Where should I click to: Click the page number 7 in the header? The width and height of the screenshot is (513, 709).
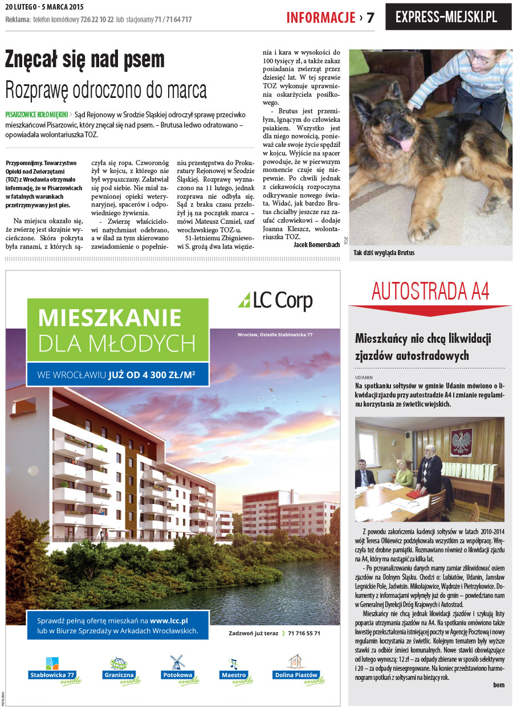coord(370,18)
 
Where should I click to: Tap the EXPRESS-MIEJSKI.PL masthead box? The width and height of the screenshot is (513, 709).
coord(448,17)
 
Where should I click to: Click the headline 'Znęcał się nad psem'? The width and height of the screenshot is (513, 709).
coord(84,59)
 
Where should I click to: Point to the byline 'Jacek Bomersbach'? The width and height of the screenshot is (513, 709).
coord(316,244)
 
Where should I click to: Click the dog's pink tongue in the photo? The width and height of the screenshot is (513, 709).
coord(405,144)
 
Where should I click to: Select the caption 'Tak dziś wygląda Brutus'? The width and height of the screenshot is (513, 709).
coord(384,252)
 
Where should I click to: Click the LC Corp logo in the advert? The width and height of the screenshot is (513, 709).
coord(275,300)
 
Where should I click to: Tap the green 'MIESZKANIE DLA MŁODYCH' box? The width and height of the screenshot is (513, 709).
coord(117,330)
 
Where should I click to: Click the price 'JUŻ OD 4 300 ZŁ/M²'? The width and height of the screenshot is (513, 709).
coord(152,375)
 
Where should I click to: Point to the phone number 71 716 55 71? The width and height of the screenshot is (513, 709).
coord(304,633)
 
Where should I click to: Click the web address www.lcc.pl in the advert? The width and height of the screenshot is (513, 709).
coord(169,620)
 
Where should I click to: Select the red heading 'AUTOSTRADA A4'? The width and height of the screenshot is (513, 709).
coord(430,291)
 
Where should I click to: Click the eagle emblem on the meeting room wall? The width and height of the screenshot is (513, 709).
coord(461,441)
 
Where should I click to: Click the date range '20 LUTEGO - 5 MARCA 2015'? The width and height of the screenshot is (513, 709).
coord(43,7)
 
